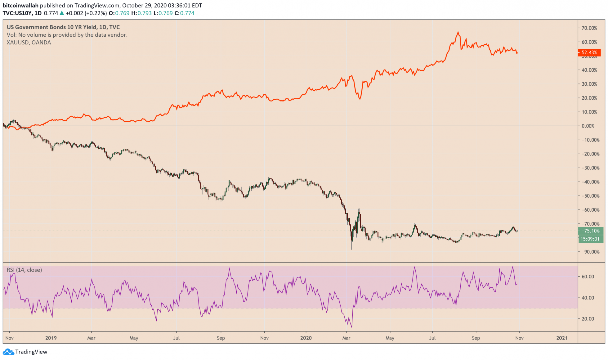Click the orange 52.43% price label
[589, 52]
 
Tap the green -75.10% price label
[591, 231]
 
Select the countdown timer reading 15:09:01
[591, 239]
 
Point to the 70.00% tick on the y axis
[589, 28]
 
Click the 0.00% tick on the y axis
[588, 126]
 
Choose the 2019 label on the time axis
[51, 338]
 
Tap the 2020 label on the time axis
[306, 338]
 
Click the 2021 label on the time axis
[562, 338]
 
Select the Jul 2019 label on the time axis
[176, 338]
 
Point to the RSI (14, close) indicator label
[24, 270]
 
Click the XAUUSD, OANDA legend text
[29, 43]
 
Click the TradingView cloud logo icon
[8, 352]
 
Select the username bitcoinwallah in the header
[20, 6]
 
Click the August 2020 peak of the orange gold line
[458, 32]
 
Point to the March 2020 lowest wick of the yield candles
[351, 249]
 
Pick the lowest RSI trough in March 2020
[351, 327]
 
